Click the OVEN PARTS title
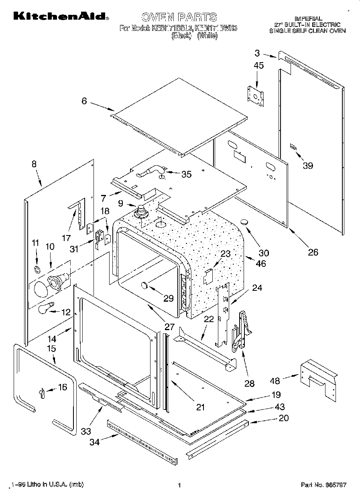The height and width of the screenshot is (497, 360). [179, 17]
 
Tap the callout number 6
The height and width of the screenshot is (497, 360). [84, 101]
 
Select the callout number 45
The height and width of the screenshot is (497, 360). [259, 65]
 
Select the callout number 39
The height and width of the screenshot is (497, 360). [307, 165]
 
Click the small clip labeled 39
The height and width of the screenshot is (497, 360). [293, 148]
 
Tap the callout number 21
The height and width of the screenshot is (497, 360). [200, 407]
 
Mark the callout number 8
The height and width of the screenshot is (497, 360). [34, 164]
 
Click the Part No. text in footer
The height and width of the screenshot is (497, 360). [323, 485]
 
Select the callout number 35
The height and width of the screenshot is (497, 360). [186, 174]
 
